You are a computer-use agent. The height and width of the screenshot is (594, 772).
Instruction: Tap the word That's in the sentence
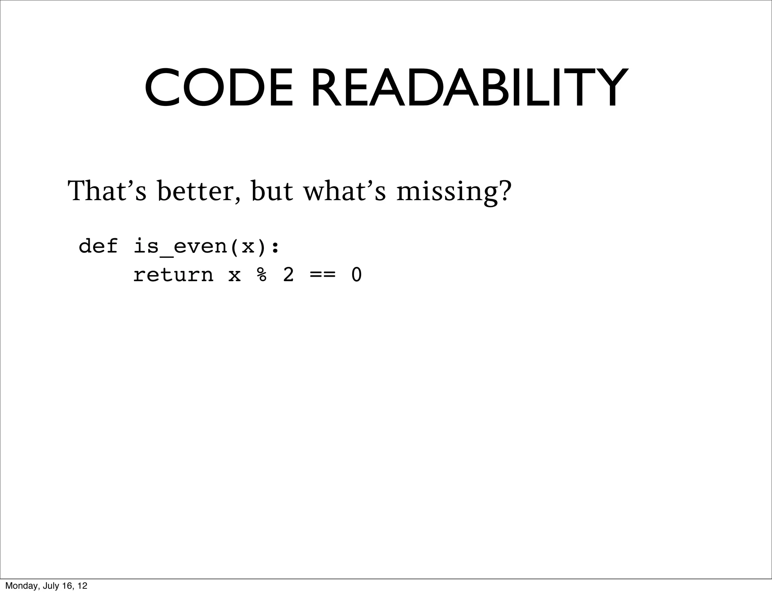pos(107,191)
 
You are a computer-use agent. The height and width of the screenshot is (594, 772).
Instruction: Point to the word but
pos(272,191)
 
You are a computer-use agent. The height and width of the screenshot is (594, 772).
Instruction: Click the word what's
pos(345,191)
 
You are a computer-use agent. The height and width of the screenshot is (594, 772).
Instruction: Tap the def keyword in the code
pos(98,246)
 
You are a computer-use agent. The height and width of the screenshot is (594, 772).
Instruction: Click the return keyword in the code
pos(173,274)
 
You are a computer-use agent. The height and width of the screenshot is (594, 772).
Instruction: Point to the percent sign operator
pos(262,274)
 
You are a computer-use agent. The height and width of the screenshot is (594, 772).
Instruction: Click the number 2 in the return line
pos(288,274)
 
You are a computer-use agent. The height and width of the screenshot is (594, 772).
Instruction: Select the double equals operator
pos(322,274)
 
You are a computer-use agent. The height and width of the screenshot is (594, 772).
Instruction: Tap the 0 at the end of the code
pos(356,274)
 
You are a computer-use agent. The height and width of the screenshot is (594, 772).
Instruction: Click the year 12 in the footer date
pos(83,586)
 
